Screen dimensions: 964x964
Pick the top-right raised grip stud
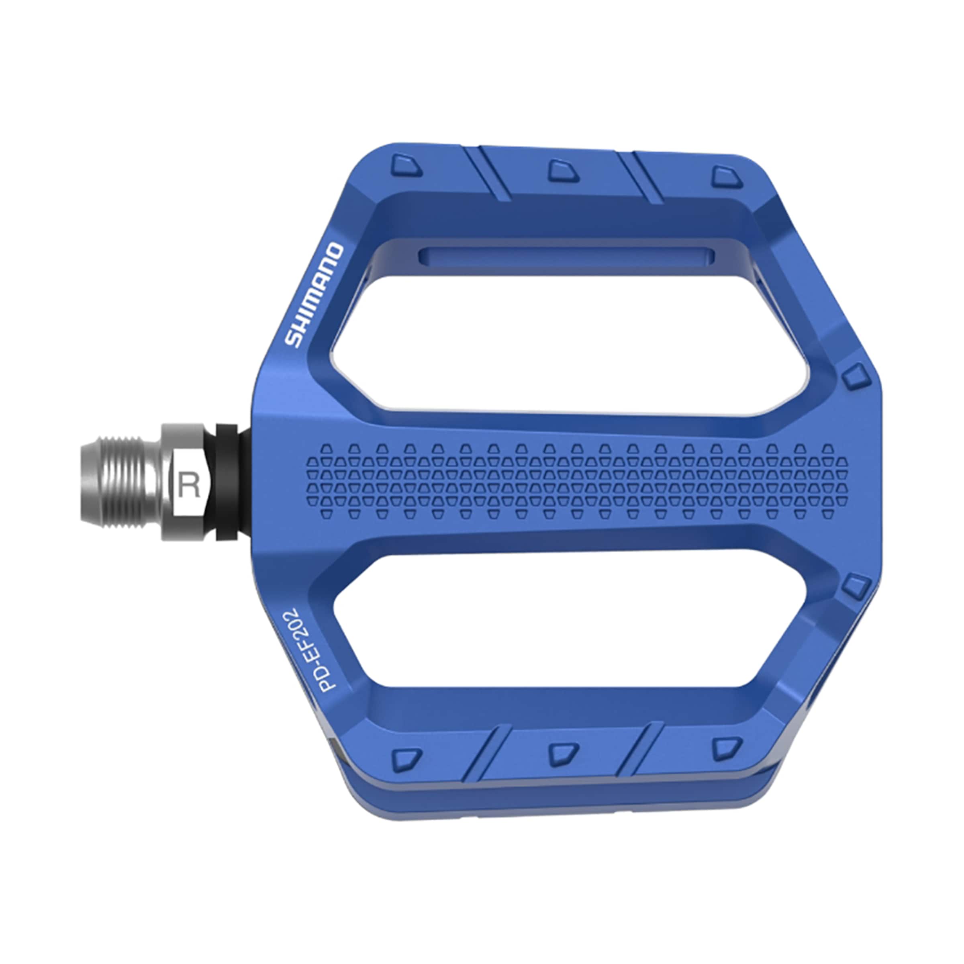click(x=726, y=177)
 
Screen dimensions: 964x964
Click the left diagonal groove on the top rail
click(x=489, y=174)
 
